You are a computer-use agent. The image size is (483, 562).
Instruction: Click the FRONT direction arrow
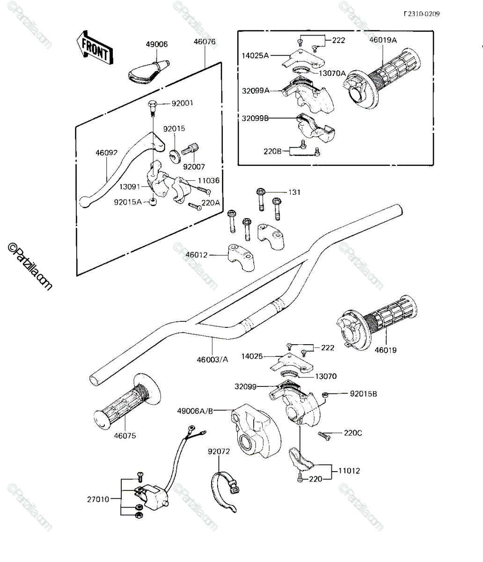click(94, 48)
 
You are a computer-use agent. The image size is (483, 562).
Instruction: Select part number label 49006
click(157, 44)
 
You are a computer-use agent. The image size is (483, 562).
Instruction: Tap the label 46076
click(205, 42)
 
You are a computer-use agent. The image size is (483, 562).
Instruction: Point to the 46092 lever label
click(107, 153)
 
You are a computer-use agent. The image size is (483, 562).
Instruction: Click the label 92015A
click(128, 202)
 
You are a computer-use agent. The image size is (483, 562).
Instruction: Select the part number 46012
click(197, 255)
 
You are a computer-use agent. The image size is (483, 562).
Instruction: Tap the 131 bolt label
click(294, 192)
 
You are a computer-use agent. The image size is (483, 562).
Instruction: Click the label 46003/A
click(212, 359)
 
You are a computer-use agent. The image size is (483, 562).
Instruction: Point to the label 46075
click(125, 436)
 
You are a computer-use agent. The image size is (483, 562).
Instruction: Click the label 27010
click(98, 499)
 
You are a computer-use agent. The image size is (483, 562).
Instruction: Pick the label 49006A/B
click(195, 411)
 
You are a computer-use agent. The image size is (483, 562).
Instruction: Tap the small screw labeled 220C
click(324, 436)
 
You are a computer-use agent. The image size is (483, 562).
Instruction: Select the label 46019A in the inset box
click(383, 40)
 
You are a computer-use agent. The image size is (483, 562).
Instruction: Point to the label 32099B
click(255, 118)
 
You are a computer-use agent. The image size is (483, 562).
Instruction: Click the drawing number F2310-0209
click(422, 14)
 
